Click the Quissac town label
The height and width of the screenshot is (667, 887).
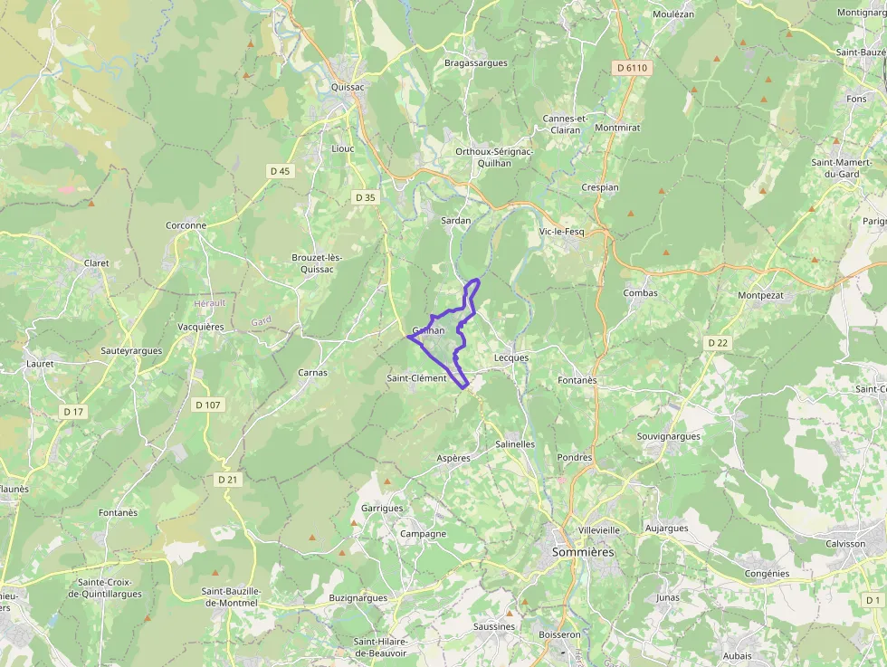click(x=348, y=88)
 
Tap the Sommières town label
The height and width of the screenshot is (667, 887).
click(x=583, y=551)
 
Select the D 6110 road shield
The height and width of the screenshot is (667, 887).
click(x=632, y=68)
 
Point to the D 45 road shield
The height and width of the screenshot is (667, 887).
click(x=281, y=171)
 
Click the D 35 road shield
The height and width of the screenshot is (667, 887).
click(x=365, y=197)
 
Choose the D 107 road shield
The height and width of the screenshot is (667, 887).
click(x=207, y=405)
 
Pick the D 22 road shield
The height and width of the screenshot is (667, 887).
click(x=718, y=342)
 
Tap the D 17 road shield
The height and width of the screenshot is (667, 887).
click(x=73, y=412)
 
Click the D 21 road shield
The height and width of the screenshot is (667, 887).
click(x=227, y=479)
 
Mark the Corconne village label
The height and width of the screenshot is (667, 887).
click(x=186, y=225)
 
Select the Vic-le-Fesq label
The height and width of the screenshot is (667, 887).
click(x=561, y=232)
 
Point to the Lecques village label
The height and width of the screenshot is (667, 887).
click(x=511, y=357)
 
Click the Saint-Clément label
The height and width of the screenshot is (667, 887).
click(x=416, y=378)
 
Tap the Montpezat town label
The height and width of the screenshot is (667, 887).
click(x=761, y=296)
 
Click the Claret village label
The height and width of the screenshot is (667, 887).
click(x=96, y=263)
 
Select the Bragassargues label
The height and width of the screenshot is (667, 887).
click(x=476, y=63)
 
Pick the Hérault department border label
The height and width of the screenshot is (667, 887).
click(x=209, y=303)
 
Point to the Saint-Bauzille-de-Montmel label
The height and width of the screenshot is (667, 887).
click(x=231, y=596)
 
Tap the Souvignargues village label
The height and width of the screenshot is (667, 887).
click(x=669, y=436)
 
